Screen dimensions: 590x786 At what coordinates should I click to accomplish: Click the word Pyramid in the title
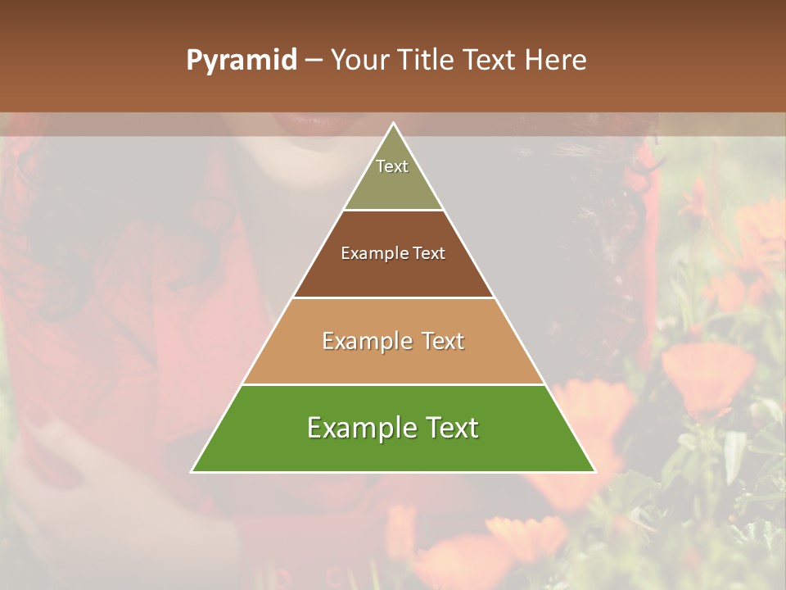241,61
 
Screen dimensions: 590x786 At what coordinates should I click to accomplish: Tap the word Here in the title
555,61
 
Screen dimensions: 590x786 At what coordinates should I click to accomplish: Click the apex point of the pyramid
394,124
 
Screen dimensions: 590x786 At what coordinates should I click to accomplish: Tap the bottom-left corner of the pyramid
192,472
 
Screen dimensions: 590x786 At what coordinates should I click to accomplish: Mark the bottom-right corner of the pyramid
595,472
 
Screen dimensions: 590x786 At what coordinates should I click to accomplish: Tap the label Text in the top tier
392,166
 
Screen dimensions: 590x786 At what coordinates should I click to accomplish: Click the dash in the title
314,61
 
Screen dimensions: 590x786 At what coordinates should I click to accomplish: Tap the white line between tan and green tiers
393,384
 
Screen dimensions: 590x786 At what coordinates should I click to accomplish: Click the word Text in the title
489,61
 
